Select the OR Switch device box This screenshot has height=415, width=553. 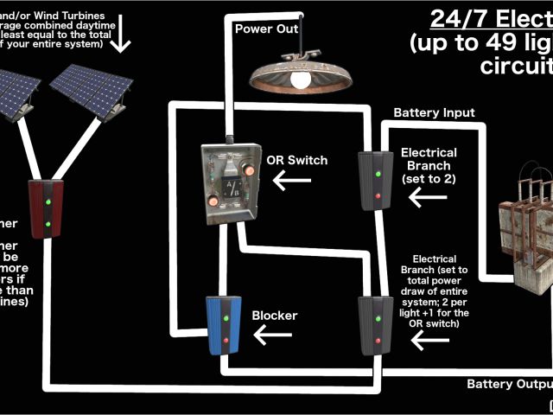(x=227, y=183)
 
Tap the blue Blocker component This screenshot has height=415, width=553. (x=225, y=326)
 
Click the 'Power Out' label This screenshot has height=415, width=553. (x=266, y=28)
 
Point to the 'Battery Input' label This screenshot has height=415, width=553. (x=434, y=112)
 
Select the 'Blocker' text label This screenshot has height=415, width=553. (x=274, y=316)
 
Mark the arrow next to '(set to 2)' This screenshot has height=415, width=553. (x=427, y=197)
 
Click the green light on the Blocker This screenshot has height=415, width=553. (x=226, y=317)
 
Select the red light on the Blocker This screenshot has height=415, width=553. (x=226, y=340)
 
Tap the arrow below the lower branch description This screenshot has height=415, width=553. (x=430, y=341)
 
